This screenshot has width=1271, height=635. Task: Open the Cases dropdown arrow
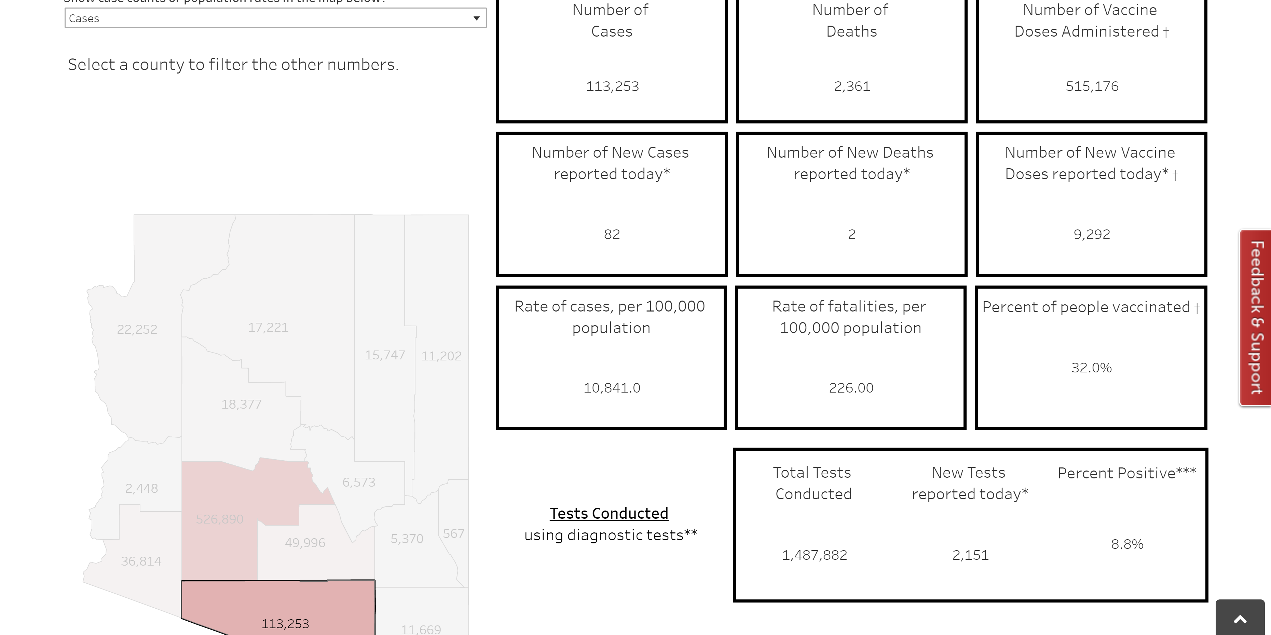(x=476, y=18)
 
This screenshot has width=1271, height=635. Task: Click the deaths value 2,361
(x=852, y=87)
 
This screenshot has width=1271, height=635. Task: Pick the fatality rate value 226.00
(x=851, y=388)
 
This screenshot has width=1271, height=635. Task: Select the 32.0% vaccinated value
(x=1091, y=368)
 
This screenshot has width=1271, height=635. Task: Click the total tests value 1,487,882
(x=814, y=555)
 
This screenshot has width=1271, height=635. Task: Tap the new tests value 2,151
(x=970, y=555)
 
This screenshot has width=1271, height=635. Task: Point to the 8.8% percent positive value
(x=1127, y=544)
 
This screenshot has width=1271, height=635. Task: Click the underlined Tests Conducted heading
(x=609, y=514)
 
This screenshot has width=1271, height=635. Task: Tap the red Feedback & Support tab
(x=1256, y=317)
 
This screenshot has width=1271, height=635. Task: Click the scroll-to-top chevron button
(x=1240, y=619)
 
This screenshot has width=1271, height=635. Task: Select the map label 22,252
(x=137, y=329)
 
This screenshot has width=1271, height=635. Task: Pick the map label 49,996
(x=305, y=543)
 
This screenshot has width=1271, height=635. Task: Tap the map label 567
(x=453, y=534)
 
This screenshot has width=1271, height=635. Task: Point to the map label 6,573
(x=359, y=482)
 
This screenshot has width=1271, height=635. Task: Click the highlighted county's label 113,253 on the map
(x=285, y=624)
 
